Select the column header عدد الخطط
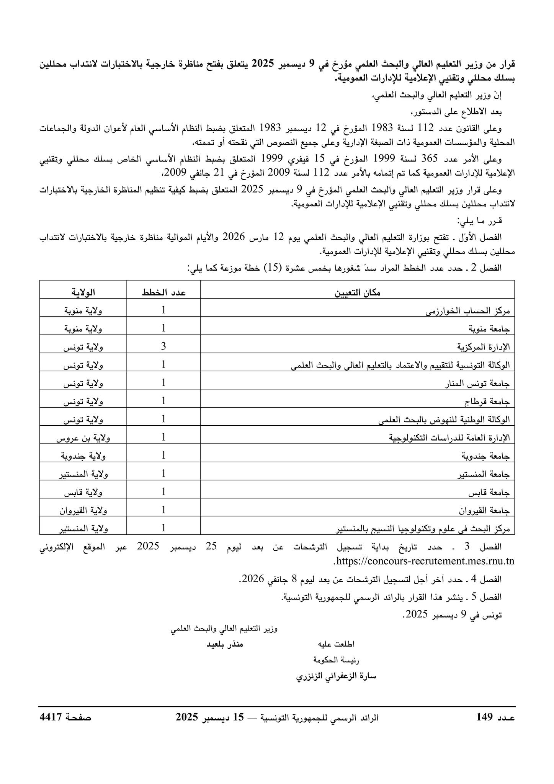[x=163, y=293]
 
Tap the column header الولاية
[x=83, y=293]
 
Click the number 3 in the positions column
[x=163, y=347]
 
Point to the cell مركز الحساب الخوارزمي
[x=468, y=311]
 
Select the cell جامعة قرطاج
[x=487, y=402]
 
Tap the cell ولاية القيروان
[x=83, y=510]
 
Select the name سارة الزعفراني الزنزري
[x=337, y=676]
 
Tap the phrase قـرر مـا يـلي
[x=479, y=221]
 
